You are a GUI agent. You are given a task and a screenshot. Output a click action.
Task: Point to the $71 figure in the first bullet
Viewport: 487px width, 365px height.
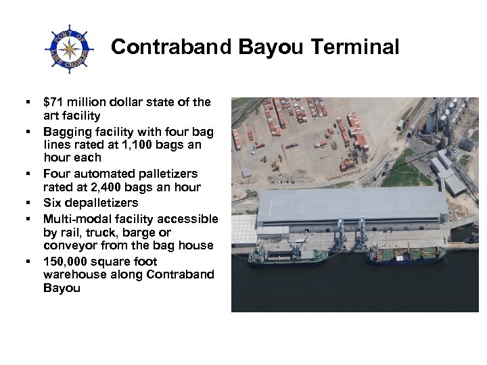pyautogui.click(x=53, y=103)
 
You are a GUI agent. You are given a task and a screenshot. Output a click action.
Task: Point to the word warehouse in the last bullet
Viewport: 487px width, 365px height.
pyautogui.click(x=74, y=274)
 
